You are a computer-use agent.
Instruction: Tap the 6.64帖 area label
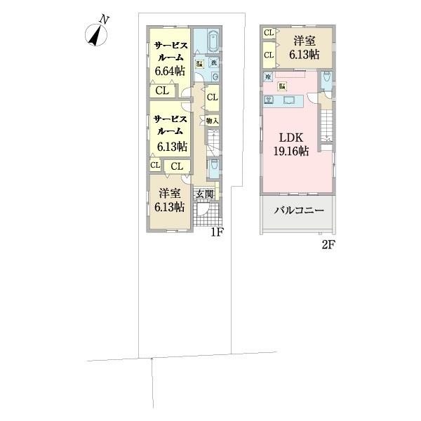[x=170, y=70]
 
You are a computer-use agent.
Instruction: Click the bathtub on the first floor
[x=214, y=41]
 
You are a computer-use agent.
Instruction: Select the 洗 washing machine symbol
[x=215, y=63]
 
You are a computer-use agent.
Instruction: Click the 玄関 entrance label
[x=205, y=194]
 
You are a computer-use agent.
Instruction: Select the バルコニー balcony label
[x=297, y=210]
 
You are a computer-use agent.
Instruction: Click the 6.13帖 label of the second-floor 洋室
[x=306, y=53]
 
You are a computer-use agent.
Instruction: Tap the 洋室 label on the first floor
[x=170, y=193]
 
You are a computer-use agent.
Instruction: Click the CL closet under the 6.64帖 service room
[x=162, y=90]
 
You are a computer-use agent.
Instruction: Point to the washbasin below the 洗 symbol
[x=215, y=76]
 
